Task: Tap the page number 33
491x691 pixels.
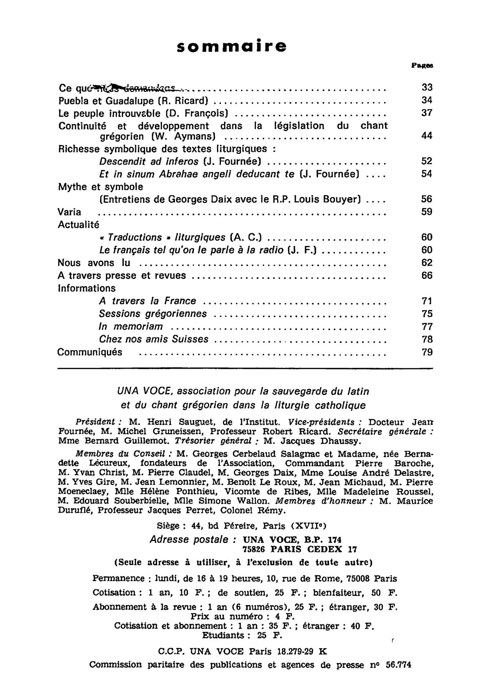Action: [427, 88]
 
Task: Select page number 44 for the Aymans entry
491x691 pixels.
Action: [427, 136]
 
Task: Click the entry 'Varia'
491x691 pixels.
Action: [70, 212]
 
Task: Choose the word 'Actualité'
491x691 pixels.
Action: [79, 225]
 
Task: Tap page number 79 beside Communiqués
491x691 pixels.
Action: [427, 352]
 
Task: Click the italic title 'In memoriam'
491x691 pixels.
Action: [131, 327]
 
